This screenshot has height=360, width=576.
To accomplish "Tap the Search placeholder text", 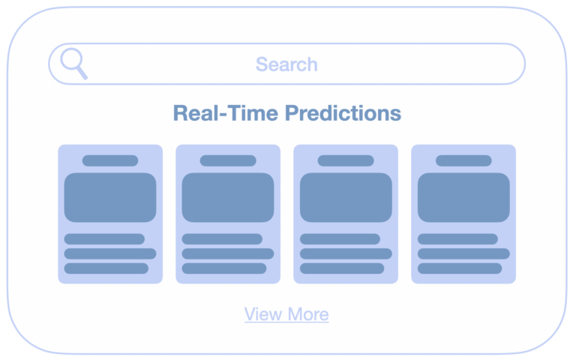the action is (286, 64).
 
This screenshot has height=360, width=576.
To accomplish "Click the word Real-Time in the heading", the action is (226, 112).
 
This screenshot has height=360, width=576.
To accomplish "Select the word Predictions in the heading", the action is (343, 112).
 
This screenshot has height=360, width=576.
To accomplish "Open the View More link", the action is (286, 314).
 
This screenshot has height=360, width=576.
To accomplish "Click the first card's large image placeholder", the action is (110, 197).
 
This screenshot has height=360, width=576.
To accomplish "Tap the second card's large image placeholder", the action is (228, 197).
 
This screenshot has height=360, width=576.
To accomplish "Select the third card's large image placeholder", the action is (346, 197).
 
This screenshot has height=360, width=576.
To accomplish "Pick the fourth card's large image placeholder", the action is (463, 197).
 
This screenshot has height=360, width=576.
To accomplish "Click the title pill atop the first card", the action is (110, 160).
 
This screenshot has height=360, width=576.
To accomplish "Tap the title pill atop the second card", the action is (228, 160).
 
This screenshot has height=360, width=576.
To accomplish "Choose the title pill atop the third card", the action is (346, 160).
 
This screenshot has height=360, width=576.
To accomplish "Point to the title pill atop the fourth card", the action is (463, 160).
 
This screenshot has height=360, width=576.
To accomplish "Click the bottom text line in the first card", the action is (106, 268).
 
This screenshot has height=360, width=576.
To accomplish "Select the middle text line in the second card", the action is (228, 253).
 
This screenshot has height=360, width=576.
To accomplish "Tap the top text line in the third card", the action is (340, 238).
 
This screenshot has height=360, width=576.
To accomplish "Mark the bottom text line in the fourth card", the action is (460, 268).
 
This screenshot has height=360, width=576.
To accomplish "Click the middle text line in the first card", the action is (110, 253).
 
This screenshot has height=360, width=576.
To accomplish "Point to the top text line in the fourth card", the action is (457, 238).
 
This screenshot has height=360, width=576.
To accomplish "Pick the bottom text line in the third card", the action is (342, 268).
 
